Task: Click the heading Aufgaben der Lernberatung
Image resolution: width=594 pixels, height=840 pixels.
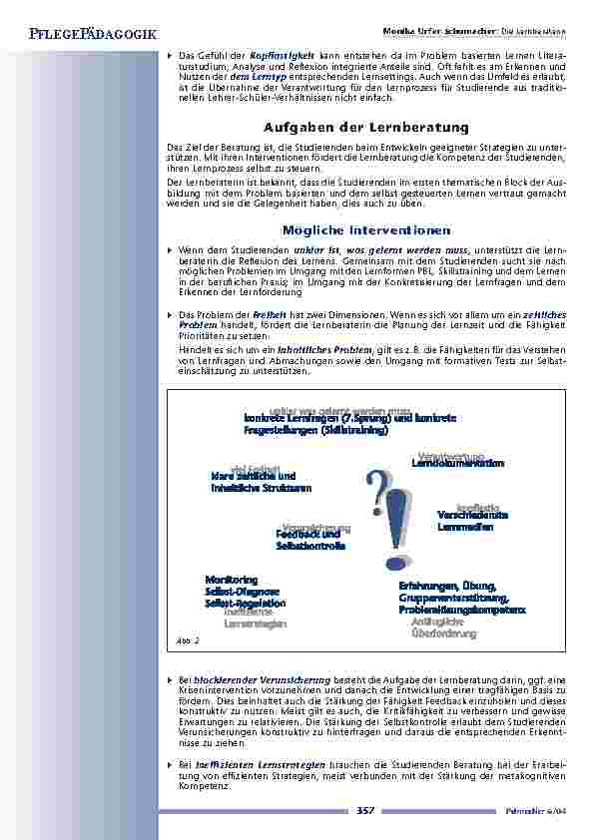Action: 365,127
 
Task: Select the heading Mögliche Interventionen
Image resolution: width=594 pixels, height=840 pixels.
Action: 366,229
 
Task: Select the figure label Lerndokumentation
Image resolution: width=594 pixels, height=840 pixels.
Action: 458,464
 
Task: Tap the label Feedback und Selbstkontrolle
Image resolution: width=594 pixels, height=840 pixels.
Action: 310,541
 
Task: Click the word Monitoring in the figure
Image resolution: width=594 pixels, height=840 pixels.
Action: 231,580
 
